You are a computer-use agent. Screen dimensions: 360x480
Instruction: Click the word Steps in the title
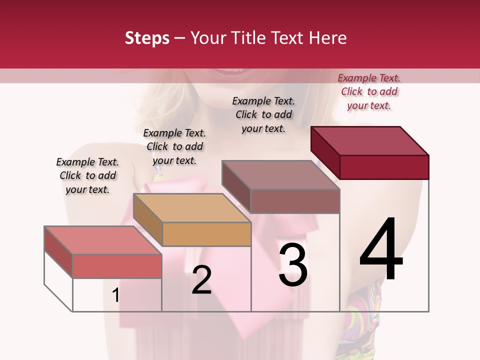[147, 38]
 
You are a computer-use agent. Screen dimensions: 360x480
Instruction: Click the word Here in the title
[328, 38]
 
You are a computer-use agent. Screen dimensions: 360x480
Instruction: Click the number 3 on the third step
[293, 265]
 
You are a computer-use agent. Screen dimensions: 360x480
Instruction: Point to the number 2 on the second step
[201, 280]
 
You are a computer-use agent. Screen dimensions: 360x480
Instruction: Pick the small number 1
[115, 295]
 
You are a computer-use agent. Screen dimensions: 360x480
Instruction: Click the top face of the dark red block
[370, 140]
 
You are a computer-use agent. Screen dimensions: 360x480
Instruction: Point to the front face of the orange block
[207, 234]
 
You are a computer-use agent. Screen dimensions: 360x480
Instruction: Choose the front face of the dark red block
[384, 167]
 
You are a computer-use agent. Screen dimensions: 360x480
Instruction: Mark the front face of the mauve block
[295, 201]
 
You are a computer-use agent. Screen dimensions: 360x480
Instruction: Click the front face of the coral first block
[117, 266]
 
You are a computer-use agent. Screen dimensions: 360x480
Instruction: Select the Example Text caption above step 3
[263, 114]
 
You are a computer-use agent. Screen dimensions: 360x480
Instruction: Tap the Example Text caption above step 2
[174, 146]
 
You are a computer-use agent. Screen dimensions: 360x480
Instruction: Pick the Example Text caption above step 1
[87, 175]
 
